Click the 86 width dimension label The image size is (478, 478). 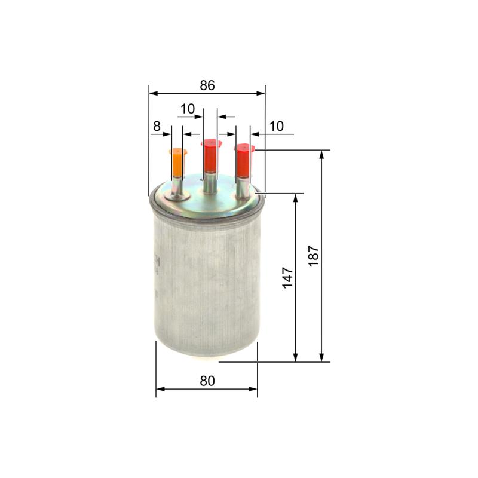pyautogui.click(x=207, y=85)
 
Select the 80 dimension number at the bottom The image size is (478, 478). pyautogui.click(x=207, y=381)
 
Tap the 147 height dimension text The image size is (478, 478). pyautogui.click(x=288, y=278)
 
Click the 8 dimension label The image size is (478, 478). pyautogui.click(x=157, y=126)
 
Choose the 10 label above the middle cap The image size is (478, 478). pyautogui.click(x=188, y=109)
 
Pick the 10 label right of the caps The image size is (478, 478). pyautogui.click(x=277, y=126)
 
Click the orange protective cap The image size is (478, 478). pyautogui.click(x=178, y=162)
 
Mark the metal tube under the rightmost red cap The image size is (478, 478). pyautogui.click(x=243, y=187)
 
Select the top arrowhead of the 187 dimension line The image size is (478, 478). pyautogui.click(x=322, y=155)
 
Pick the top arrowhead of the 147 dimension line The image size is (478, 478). pyautogui.click(x=296, y=197)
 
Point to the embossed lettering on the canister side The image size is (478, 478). pyautogui.click(x=157, y=263)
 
